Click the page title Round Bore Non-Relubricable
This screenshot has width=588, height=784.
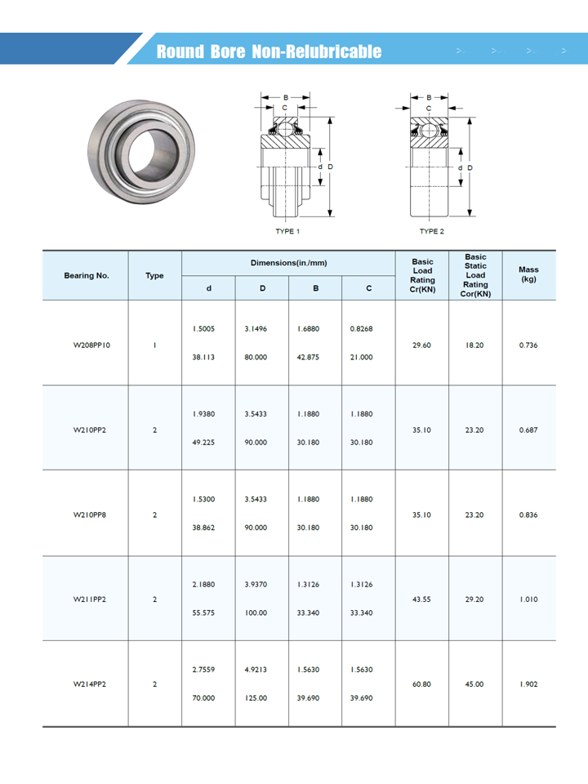[x=269, y=52]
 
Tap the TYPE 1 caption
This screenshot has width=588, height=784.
[x=287, y=231]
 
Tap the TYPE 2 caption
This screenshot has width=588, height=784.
[x=432, y=231]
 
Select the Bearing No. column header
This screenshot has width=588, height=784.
[x=86, y=275]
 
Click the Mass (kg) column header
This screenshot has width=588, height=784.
[x=528, y=274]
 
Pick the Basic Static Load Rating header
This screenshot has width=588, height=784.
[x=475, y=275]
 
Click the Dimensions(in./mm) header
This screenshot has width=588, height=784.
[x=288, y=263]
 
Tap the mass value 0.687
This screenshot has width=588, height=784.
[x=528, y=430]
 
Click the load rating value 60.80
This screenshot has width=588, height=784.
[x=421, y=684]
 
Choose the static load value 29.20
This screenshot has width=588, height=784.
[x=474, y=599]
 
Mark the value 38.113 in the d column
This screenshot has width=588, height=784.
[x=203, y=357]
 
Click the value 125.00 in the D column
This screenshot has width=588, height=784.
[x=256, y=698]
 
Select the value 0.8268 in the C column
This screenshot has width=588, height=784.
[x=361, y=329]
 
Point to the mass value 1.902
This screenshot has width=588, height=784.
[x=528, y=684]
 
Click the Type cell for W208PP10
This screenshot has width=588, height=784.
[x=154, y=345]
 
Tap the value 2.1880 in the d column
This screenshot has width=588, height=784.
[x=203, y=584]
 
